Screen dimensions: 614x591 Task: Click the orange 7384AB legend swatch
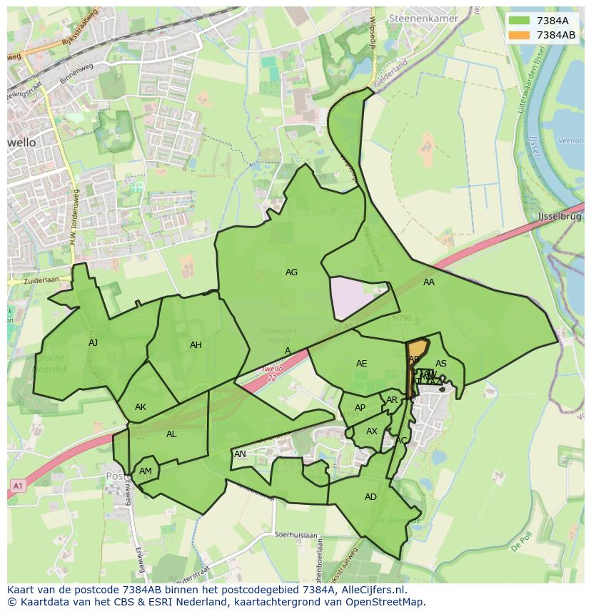coord(520,35)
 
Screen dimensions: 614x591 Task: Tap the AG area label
coord(291,272)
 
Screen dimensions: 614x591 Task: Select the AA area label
coord(428,282)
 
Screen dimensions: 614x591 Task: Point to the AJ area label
coord(93,343)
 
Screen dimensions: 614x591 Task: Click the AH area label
coord(196,345)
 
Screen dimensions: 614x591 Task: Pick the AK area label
coord(141,407)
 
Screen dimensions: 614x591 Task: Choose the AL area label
coord(171,434)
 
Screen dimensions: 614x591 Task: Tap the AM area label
coord(146,471)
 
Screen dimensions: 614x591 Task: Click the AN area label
coord(240,454)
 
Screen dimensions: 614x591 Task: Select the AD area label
coord(370,497)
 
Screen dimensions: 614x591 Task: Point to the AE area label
coord(361,364)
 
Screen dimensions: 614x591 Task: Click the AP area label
coord(360,409)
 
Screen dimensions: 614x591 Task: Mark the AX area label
coord(371,431)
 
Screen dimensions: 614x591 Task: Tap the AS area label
coord(441,364)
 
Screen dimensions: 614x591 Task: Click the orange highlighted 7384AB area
coord(418,349)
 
